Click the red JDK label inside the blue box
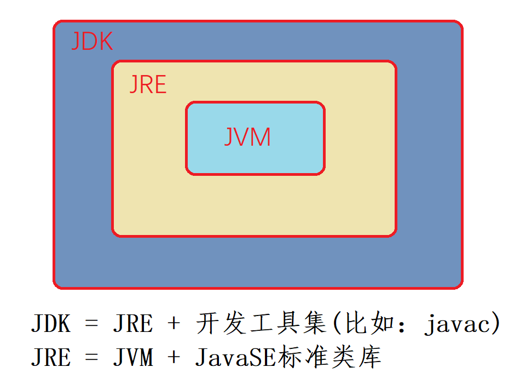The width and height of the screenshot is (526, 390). click(x=92, y=42)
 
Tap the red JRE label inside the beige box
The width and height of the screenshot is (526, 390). click(x=148, y=85)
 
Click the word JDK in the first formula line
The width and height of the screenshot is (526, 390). click(x=51, y=324)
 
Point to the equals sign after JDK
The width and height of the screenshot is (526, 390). click(x=92, y=324)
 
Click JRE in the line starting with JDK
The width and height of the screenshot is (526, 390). click(x=132, y=324)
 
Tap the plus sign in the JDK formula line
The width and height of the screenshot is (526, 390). click(x=174, y=324)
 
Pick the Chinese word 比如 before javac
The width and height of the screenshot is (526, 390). click(x=361, y=324)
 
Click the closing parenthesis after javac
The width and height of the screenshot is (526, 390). click(x=496, y=325)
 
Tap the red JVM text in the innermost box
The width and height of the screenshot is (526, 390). click(x=247, y=137)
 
